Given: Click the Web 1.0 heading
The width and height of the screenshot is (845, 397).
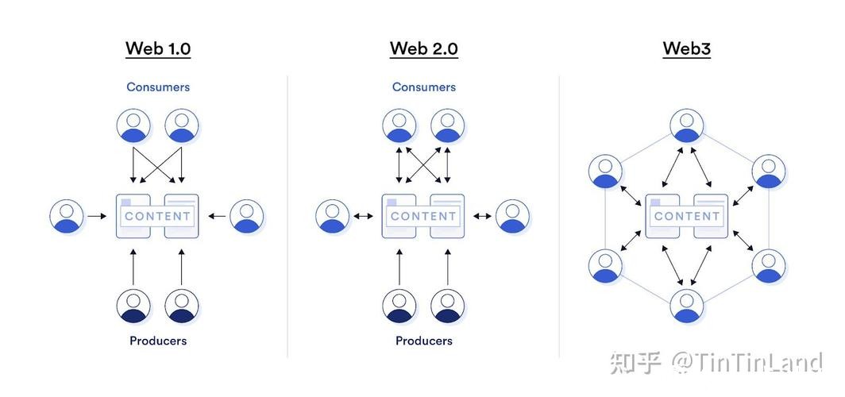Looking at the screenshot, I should (158, 48).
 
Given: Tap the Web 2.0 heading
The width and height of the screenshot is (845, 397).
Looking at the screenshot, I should (423, 48).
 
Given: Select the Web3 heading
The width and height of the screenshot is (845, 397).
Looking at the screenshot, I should (686, 48).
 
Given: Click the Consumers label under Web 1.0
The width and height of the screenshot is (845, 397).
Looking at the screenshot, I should (158, 87).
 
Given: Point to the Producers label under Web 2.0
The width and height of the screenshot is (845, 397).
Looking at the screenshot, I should (423, 341).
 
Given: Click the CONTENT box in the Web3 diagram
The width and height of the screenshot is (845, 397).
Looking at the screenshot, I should (687, 216).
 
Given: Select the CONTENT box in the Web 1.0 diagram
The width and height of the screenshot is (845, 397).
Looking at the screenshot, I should (157, 216).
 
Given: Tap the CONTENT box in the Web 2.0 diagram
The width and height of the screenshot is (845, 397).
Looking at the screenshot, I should (423, 216).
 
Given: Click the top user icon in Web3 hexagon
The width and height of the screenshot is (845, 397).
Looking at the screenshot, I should (687, 125).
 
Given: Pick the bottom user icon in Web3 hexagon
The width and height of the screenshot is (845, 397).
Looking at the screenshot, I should (687, 306).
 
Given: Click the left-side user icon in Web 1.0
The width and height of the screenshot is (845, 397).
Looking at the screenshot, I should (67, 216).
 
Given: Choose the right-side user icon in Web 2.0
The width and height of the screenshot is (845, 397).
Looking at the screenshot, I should (513, 216).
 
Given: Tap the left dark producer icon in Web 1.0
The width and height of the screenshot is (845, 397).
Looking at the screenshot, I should (133, 306).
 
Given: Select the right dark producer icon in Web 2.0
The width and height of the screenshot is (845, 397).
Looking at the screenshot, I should (448, 306).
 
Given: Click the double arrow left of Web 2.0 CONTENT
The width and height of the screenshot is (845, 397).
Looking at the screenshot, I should (365, 216).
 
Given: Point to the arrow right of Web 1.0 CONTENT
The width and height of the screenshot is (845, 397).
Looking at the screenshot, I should (215, 216).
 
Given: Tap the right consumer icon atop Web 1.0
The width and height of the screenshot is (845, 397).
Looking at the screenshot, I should (182, 125).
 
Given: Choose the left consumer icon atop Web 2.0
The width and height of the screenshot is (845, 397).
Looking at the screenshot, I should (399, 125).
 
